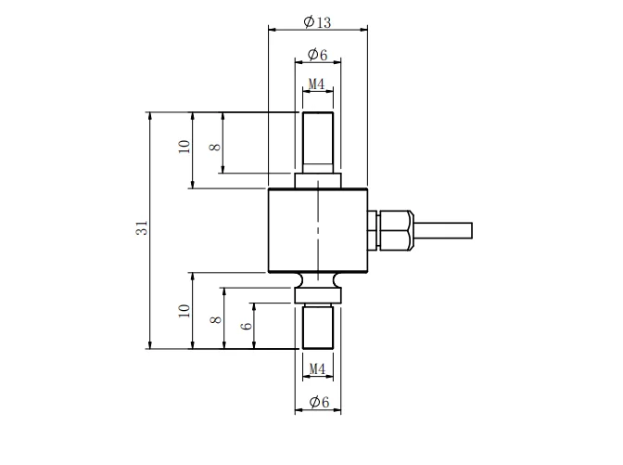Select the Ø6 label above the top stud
(317, 54)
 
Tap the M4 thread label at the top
(317, 84)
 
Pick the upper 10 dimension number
(184, 147)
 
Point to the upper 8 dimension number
(214, 147)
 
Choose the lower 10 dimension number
(184, 311)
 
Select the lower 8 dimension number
(214, 319)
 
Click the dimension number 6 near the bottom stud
(245, 326)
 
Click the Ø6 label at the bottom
(317, 401)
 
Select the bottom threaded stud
(317, 327)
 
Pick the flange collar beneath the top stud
(317, 180)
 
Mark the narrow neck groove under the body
(317, 280)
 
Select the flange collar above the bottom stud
(317, 294)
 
